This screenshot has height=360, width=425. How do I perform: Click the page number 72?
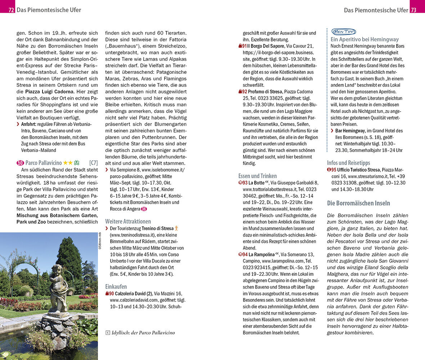[x=11, y=10]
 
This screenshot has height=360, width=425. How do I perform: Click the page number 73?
[x=413, y=10]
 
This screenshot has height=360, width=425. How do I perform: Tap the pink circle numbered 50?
[x=20, y=163]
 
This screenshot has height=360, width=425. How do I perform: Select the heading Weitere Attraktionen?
[x=128, y=221]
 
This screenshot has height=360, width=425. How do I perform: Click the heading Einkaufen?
[x=116, y=287]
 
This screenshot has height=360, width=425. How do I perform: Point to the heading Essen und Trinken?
[x=258, y=176]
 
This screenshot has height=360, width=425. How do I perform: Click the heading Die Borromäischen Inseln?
[x=358, y=203]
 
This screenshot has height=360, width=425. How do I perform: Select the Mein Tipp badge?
[x=343, y=32]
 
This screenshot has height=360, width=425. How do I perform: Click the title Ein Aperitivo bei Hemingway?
[x=364, y=40]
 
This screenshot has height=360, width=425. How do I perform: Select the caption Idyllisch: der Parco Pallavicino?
[x=143, y=333]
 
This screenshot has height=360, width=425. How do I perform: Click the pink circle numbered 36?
[x=144, y=209]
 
